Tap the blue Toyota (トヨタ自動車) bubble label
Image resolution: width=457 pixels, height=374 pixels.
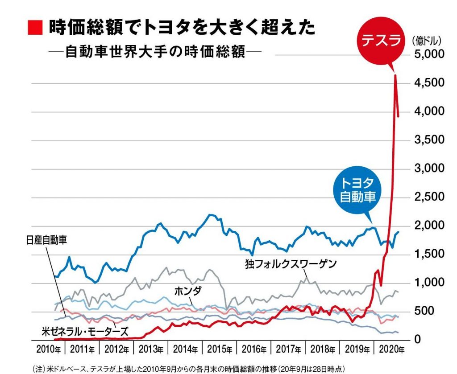(357, 190)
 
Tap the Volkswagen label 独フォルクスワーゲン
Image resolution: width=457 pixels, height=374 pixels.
(290, 263)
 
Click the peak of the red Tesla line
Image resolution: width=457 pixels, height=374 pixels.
(395, 76)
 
